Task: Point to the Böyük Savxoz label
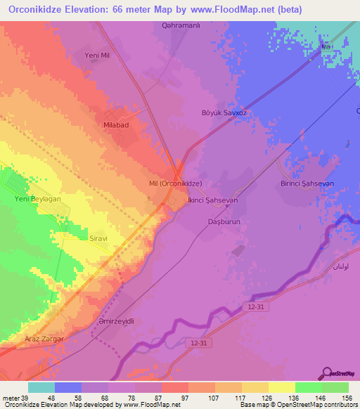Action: tap(224, 112)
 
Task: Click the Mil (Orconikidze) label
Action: tap(176, 183)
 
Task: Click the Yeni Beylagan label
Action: tap(39, 200)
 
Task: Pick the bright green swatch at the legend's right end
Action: tap(335, 387)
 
